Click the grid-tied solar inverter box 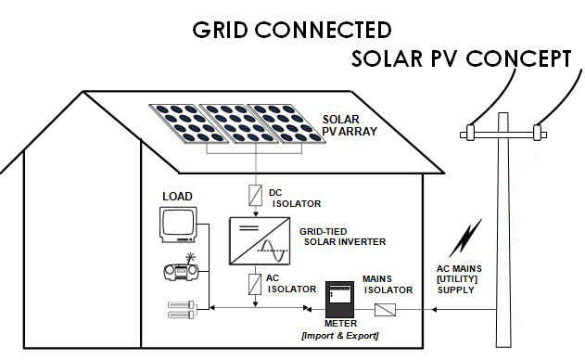coord(257,239)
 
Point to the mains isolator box coord(389,308)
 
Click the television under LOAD coord(179,225)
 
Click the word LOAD coord(178,197)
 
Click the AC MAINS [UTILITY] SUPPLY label coord(462,278)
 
